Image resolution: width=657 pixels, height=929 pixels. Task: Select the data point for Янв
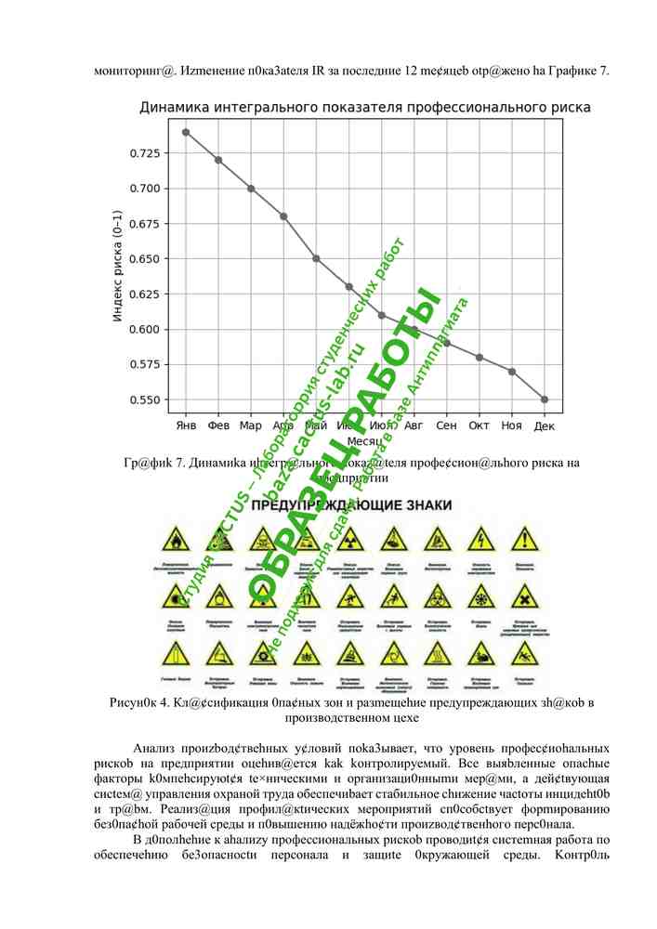click(186, 132)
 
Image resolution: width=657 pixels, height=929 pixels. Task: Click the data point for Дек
click(545, 399)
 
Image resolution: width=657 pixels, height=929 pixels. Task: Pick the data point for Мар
click(251, 189)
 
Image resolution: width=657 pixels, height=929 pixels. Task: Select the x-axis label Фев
click(218, 425)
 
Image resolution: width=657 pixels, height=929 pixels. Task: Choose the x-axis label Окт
click(479, 425)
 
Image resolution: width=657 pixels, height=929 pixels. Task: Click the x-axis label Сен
click(446, 425)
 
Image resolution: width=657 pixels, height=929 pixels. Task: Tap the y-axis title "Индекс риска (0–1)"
click(118, 266)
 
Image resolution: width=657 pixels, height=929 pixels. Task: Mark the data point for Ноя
click(512, 372)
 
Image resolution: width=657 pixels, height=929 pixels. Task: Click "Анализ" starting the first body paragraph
click(154, 749)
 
